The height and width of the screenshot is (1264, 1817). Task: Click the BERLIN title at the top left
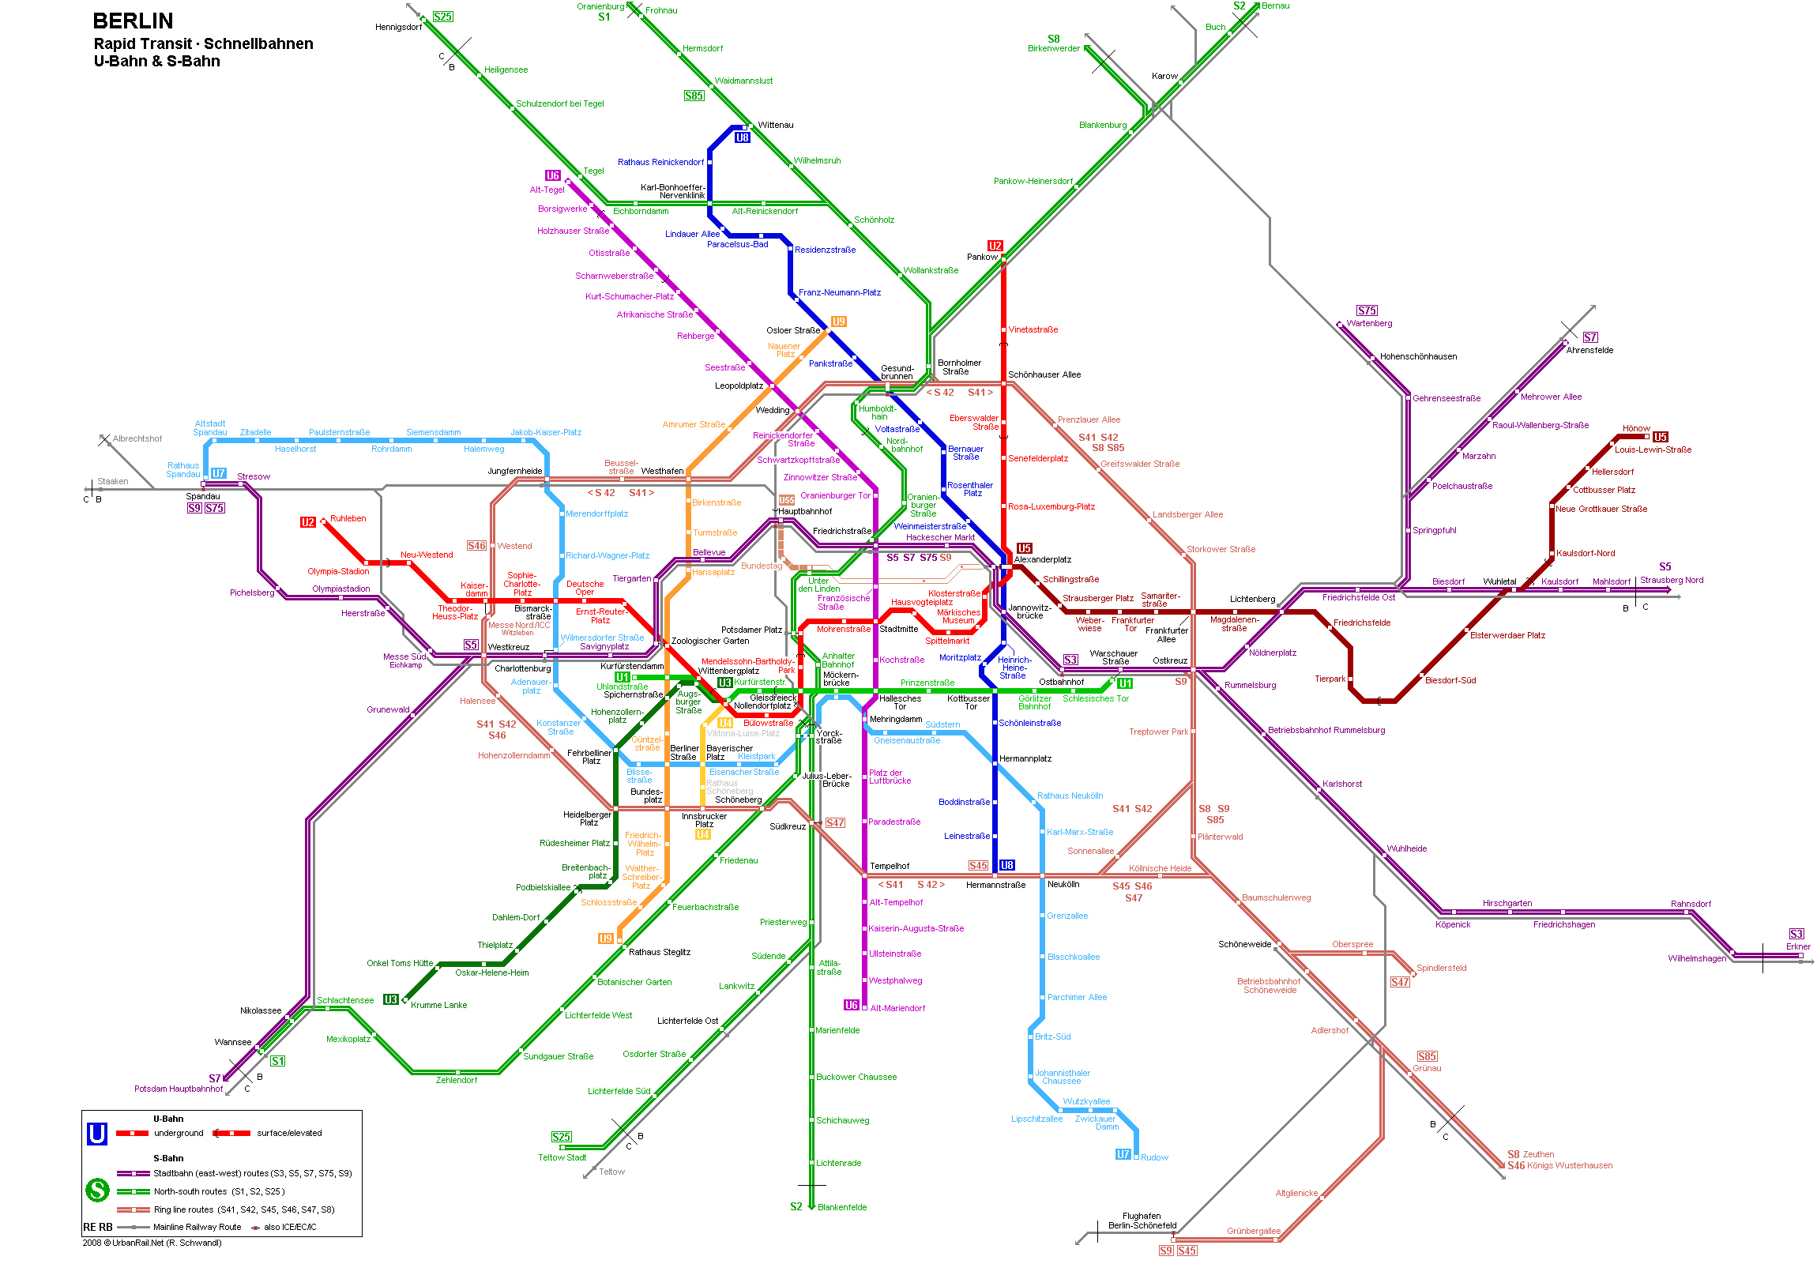(133, 21)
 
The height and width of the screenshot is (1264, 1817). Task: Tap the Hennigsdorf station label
(398, 27)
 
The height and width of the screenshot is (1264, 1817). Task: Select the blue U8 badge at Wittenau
(742, 137)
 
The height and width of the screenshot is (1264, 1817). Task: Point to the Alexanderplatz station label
(1042, 559)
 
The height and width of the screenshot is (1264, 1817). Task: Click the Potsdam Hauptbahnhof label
(178, 1089)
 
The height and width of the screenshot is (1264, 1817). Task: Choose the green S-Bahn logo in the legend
(97, 1190)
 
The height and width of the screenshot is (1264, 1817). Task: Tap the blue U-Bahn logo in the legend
(97, 1134)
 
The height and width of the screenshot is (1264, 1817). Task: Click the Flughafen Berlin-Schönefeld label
(1142, 1221)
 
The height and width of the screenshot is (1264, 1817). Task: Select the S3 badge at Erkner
(1796, 934)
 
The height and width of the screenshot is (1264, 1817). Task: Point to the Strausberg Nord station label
(1672, 580)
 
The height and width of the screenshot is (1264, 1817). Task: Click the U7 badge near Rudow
(1123, 1154)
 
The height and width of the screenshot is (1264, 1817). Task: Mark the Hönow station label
(1636, 428)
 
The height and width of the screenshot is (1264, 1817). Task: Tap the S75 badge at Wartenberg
(1367, 311)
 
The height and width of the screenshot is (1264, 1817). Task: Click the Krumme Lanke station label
(438, 1005)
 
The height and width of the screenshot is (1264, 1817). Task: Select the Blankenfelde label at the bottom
(841, 1207)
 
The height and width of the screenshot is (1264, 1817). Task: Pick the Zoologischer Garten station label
(710, 641)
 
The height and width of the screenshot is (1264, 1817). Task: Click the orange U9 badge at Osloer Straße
(838, 322)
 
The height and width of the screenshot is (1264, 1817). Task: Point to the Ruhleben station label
(348, 518)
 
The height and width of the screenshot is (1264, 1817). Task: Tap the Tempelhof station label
(890, 866)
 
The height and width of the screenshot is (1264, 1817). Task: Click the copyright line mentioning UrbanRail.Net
(152, 1243)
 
